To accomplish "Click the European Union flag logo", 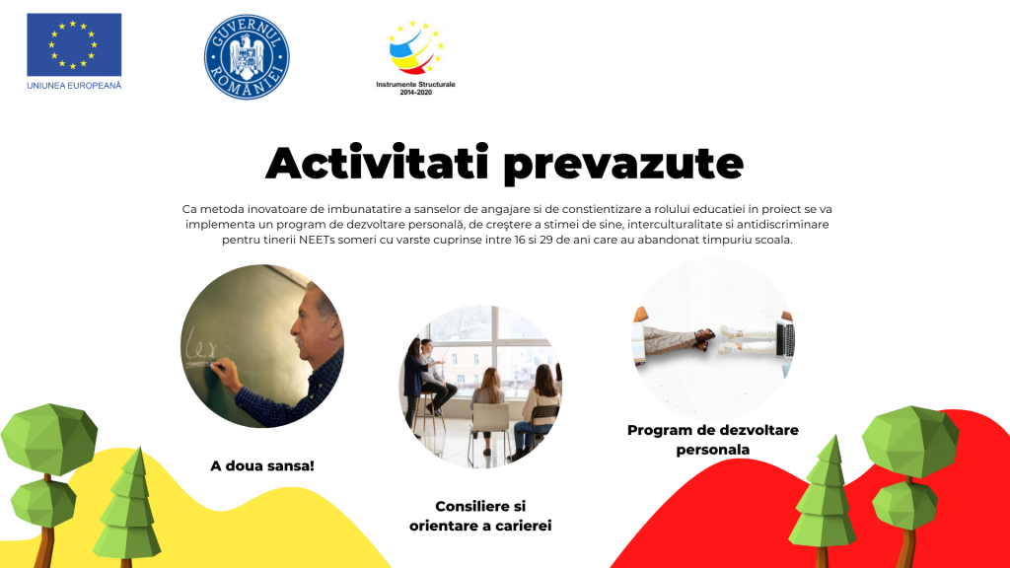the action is pyautogui.click(x=74, y=44).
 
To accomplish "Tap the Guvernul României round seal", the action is pyautogui.click(x=247, y=56).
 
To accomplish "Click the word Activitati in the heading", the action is pyautogui.click(x=378, y=163).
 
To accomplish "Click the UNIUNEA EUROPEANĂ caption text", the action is pyautogui.click(x=74, y=85).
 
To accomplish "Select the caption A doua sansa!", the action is pyautogui.click(x=262, y=465).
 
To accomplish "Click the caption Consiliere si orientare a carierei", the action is pyautogui.click(x=480, y=516).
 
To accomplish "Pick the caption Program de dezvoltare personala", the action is pyautogui.click(x=713, y=439).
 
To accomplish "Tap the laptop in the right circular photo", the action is pyautogui.click(x=785, y=339).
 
